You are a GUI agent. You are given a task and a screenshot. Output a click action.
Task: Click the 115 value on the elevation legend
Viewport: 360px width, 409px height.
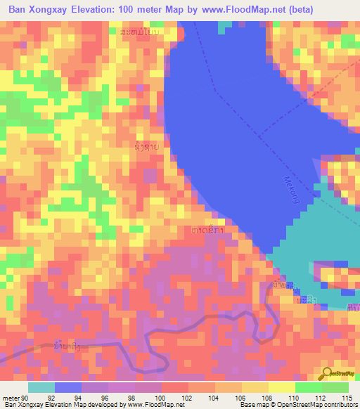click(346, 397)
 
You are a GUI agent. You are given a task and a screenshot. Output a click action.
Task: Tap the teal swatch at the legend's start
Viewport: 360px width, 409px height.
click(41, 387)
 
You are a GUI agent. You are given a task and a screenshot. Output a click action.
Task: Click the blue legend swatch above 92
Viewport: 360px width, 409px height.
click(68, 387)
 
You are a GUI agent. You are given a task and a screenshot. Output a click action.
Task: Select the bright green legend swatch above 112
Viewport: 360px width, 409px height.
click(308, 387)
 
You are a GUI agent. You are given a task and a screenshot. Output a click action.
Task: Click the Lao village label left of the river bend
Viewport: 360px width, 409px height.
click(146, 147)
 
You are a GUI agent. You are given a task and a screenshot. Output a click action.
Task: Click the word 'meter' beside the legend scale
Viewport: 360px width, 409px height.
click(10, 397)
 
